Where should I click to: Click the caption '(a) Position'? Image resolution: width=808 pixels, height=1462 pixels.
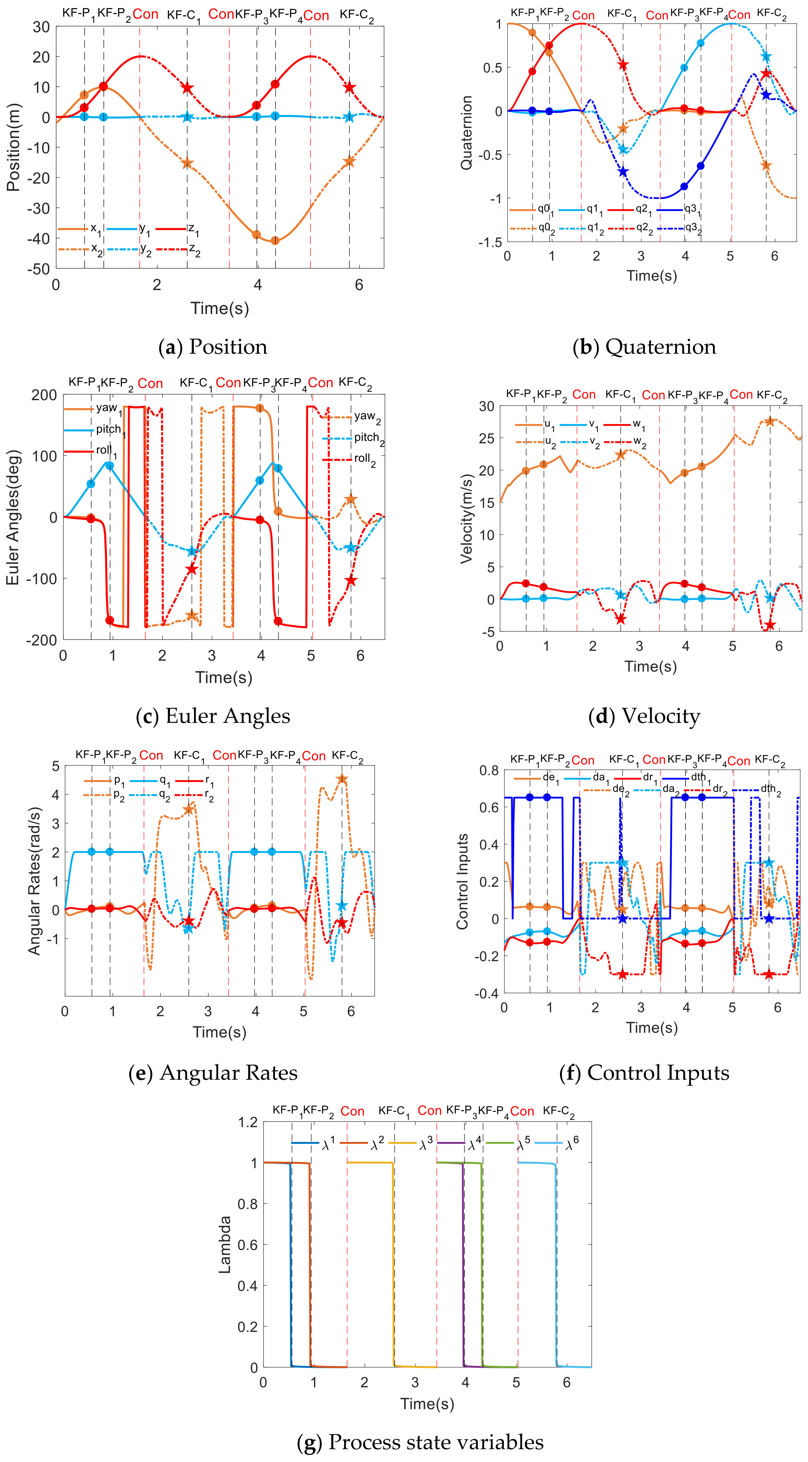(213, 347)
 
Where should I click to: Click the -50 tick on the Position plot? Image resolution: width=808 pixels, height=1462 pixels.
(38, 269)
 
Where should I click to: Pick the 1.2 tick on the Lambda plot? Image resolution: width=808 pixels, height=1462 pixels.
(247, 1122)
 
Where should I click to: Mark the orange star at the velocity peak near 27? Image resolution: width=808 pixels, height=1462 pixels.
(769, 421)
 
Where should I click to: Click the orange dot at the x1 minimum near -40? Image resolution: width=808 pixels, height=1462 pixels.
(275, 241)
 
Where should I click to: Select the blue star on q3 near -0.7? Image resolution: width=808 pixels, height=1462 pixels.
(623, 171)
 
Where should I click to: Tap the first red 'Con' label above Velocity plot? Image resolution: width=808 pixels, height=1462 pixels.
(584, 394)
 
